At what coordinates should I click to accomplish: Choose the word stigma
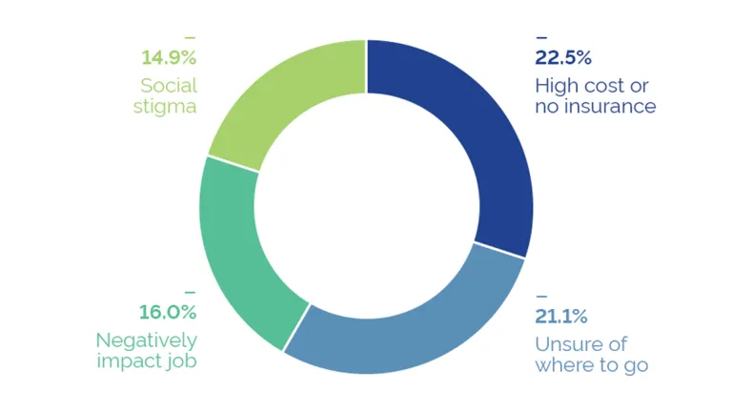coord(168,106)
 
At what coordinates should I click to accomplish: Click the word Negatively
coord(147,340)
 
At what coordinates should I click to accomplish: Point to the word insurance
coord(609,107)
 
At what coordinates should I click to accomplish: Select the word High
coord(556,84)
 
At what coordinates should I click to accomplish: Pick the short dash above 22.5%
coord(541,37)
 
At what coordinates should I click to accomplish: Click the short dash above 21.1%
coord(541,294)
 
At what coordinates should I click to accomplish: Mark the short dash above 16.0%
coord(190,290)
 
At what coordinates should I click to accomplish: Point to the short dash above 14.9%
coord(190,37)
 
